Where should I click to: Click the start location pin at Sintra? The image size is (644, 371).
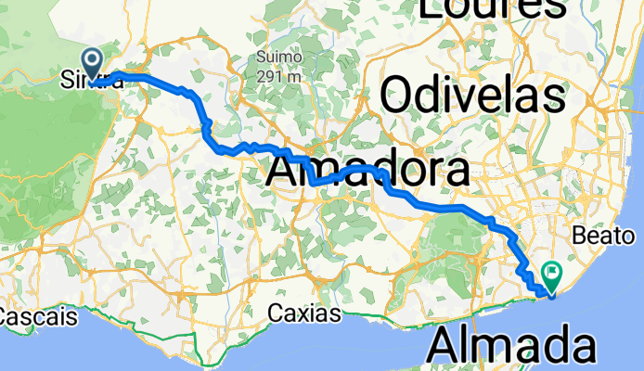pyautogui.click(x=94, y=61)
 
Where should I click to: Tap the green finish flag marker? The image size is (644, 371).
pyautogui.click(x=551, y=275)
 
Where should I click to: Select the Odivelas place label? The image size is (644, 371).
pyautogui.click(x=472, y=94)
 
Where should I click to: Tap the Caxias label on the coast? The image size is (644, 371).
pyautogui.click(x=304, y=313)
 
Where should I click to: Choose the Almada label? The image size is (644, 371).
pyautogui.click(x=512, y=347)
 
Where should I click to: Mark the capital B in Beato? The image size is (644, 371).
pyautogui.click(x=580, y=236)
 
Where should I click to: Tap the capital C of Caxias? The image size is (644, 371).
pyautogui.click(x=276, y=313)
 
